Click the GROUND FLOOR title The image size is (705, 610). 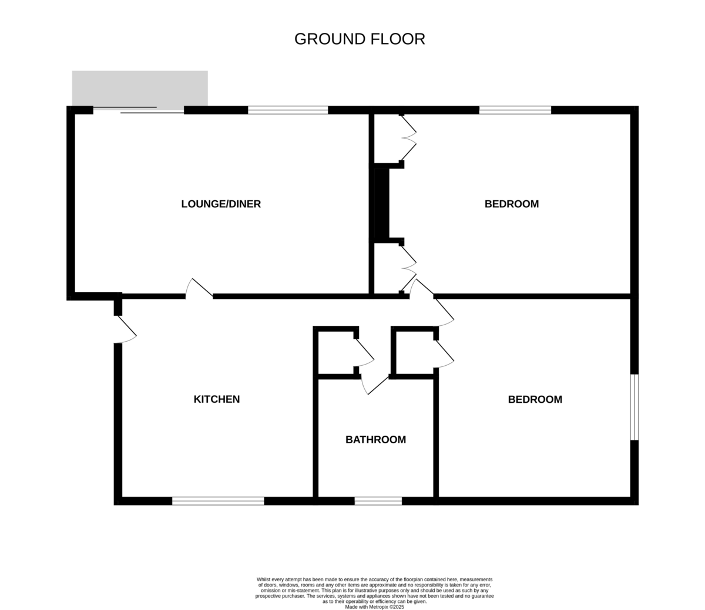pyautogui.click(x=360, y=39)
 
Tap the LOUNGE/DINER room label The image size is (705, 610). pyautogui.click(x=221, y=204)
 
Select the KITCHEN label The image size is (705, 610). pyautogui.click(x=217, y=399)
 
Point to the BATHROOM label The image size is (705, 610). pyautogui.click(x=375, y=440)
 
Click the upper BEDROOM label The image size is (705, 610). pyautogui.click(x=512, y=204)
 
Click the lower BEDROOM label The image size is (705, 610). pyautogui.click(x=535, y=399)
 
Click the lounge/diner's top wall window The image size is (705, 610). pyautogui.click(x=288, y=110)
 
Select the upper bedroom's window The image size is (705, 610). pyautogui.click(x=515, y=110)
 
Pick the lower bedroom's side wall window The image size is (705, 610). pyautogui.click(x=634, y=407)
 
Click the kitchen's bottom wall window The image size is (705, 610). pyautogui.click(x=218, y=501)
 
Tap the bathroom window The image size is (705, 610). pyautogui.click(x=378, y=501)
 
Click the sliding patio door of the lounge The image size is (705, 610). pyautogui.click(x=139, y=110)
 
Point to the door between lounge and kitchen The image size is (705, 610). pyautogui.click(x=199, y=288)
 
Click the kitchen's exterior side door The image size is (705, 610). pyautogui.click(x=125, y=329)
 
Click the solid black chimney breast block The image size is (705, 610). pyautogui.click(x=382, y=204)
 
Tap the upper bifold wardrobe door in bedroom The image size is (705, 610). pyautogui.click(x=408, y=138)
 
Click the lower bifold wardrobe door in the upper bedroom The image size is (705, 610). pyautogui.click(x=408, y=268)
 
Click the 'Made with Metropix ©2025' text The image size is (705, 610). pyautogui.click(x=374, y=607)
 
